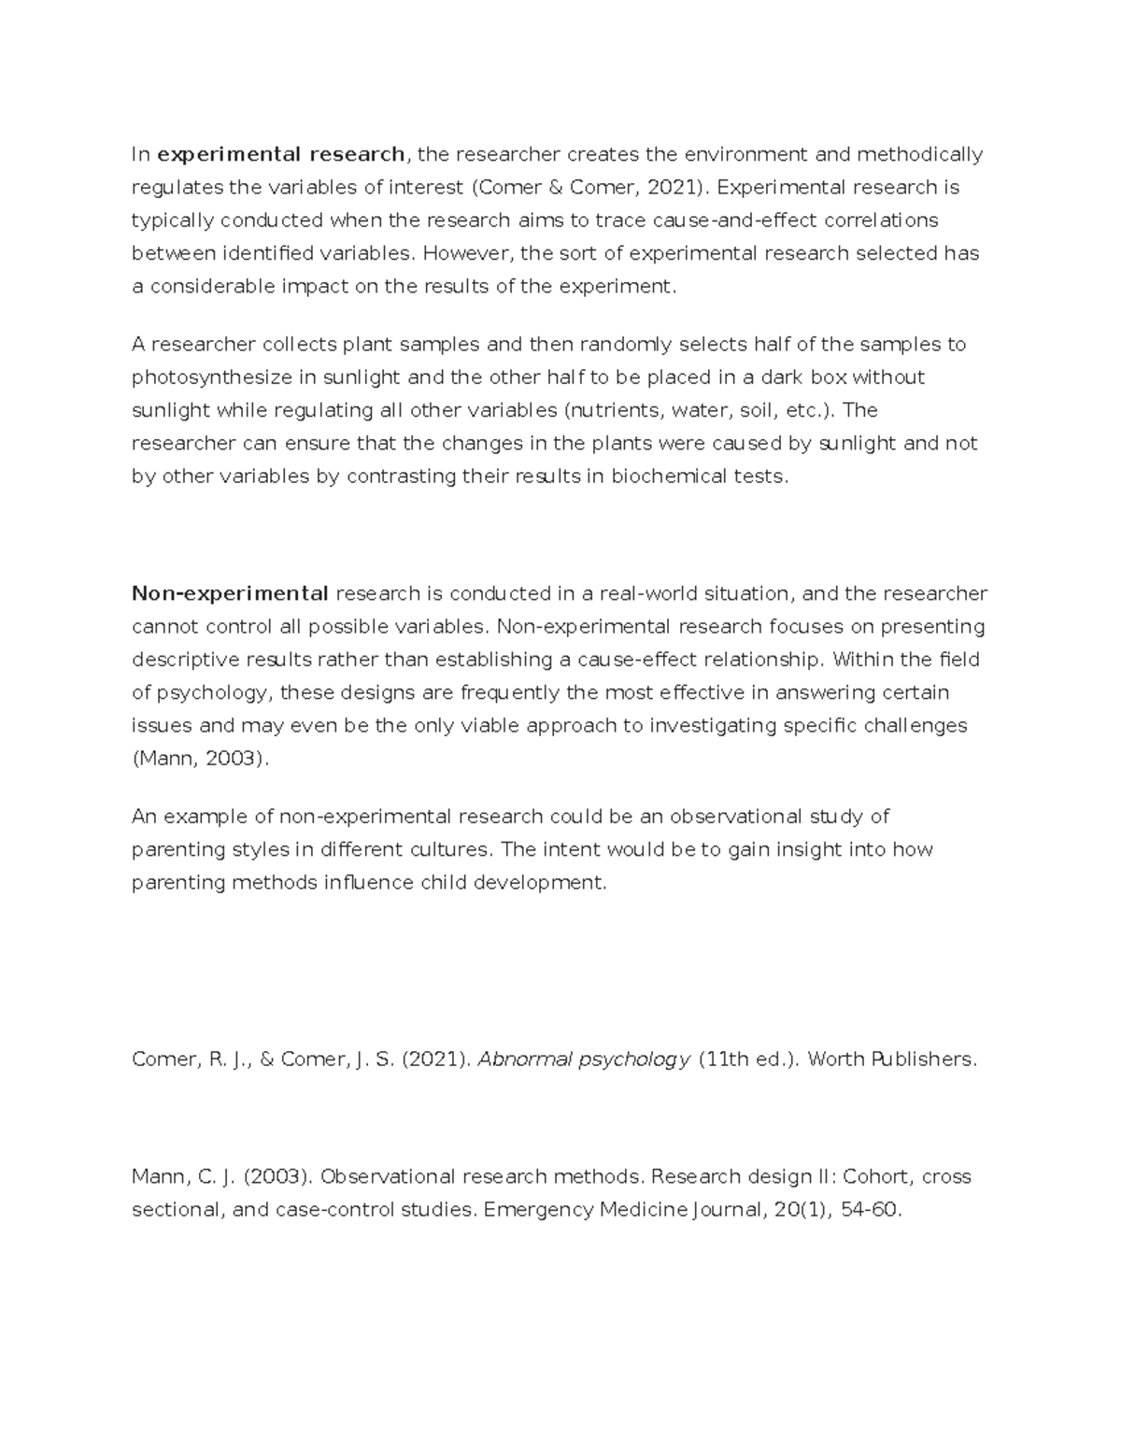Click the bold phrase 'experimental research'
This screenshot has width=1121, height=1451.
281,154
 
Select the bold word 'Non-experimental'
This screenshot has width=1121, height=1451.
230,593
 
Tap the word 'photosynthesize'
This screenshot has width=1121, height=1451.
206,377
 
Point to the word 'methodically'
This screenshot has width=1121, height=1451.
920,154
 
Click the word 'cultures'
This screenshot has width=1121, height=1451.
450,850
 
